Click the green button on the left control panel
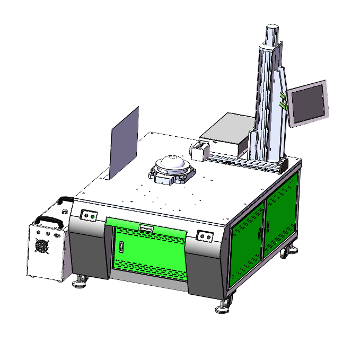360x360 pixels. coord(92,216)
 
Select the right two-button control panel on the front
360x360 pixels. coord(204,235)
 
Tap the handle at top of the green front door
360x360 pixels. coord(146,229)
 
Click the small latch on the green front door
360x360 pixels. coord(121,247)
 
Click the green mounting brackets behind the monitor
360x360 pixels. coord(284,101)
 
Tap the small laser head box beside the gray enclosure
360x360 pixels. coord(198,151)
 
